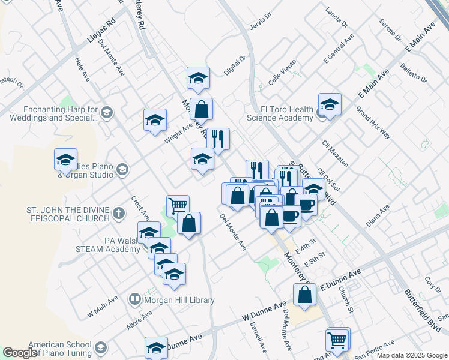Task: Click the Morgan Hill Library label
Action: click(173, 299)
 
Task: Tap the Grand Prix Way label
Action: click(373, 122)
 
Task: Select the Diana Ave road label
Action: click(378, 217)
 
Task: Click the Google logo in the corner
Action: click(20, 353)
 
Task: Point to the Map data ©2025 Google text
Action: click(412, 355)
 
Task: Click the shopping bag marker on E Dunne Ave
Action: click(304, 295)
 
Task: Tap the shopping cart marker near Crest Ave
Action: click(178, 206)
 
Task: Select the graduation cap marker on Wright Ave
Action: click(155, 120)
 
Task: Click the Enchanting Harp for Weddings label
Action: click(52, 114)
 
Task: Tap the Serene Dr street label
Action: click(390, 30)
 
